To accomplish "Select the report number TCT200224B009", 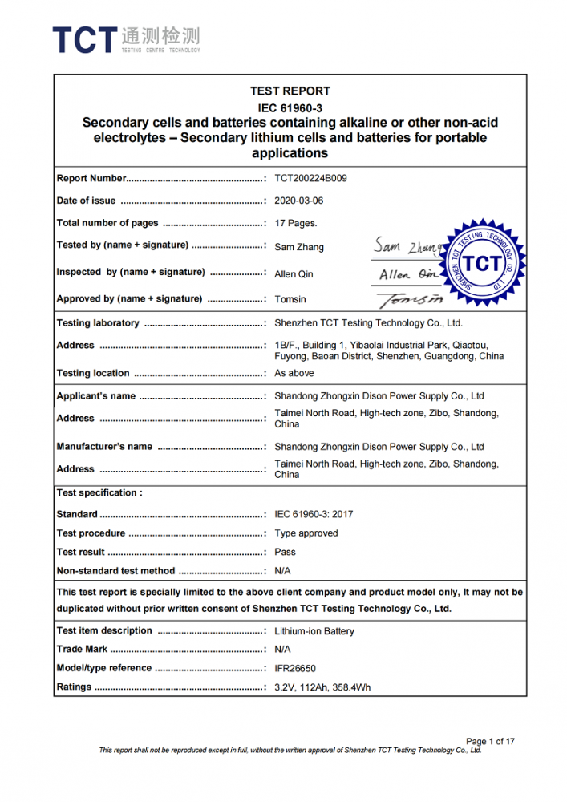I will (x=310, y=178).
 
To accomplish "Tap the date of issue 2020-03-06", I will (x=299, y=200).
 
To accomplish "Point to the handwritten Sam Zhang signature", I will (x=407, y=246).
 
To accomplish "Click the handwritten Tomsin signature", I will (x=411, y=299).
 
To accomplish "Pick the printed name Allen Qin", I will (x=294, y=274).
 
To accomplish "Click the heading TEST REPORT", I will (x=290, y=91).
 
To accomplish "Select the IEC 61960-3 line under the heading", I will (x=290, y=107).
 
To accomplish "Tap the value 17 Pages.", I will (x=296, y=224).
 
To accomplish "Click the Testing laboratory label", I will (x=98, y=323).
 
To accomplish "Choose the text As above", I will (x=294, y=373).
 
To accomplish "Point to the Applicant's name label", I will (x=96, y=396).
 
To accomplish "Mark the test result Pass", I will (x=285, y=552).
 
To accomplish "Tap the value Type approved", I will (x=306, y=533).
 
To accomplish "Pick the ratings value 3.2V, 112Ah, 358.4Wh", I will (x=322, y=687).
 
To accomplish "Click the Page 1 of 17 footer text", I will (x=490, y=741).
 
